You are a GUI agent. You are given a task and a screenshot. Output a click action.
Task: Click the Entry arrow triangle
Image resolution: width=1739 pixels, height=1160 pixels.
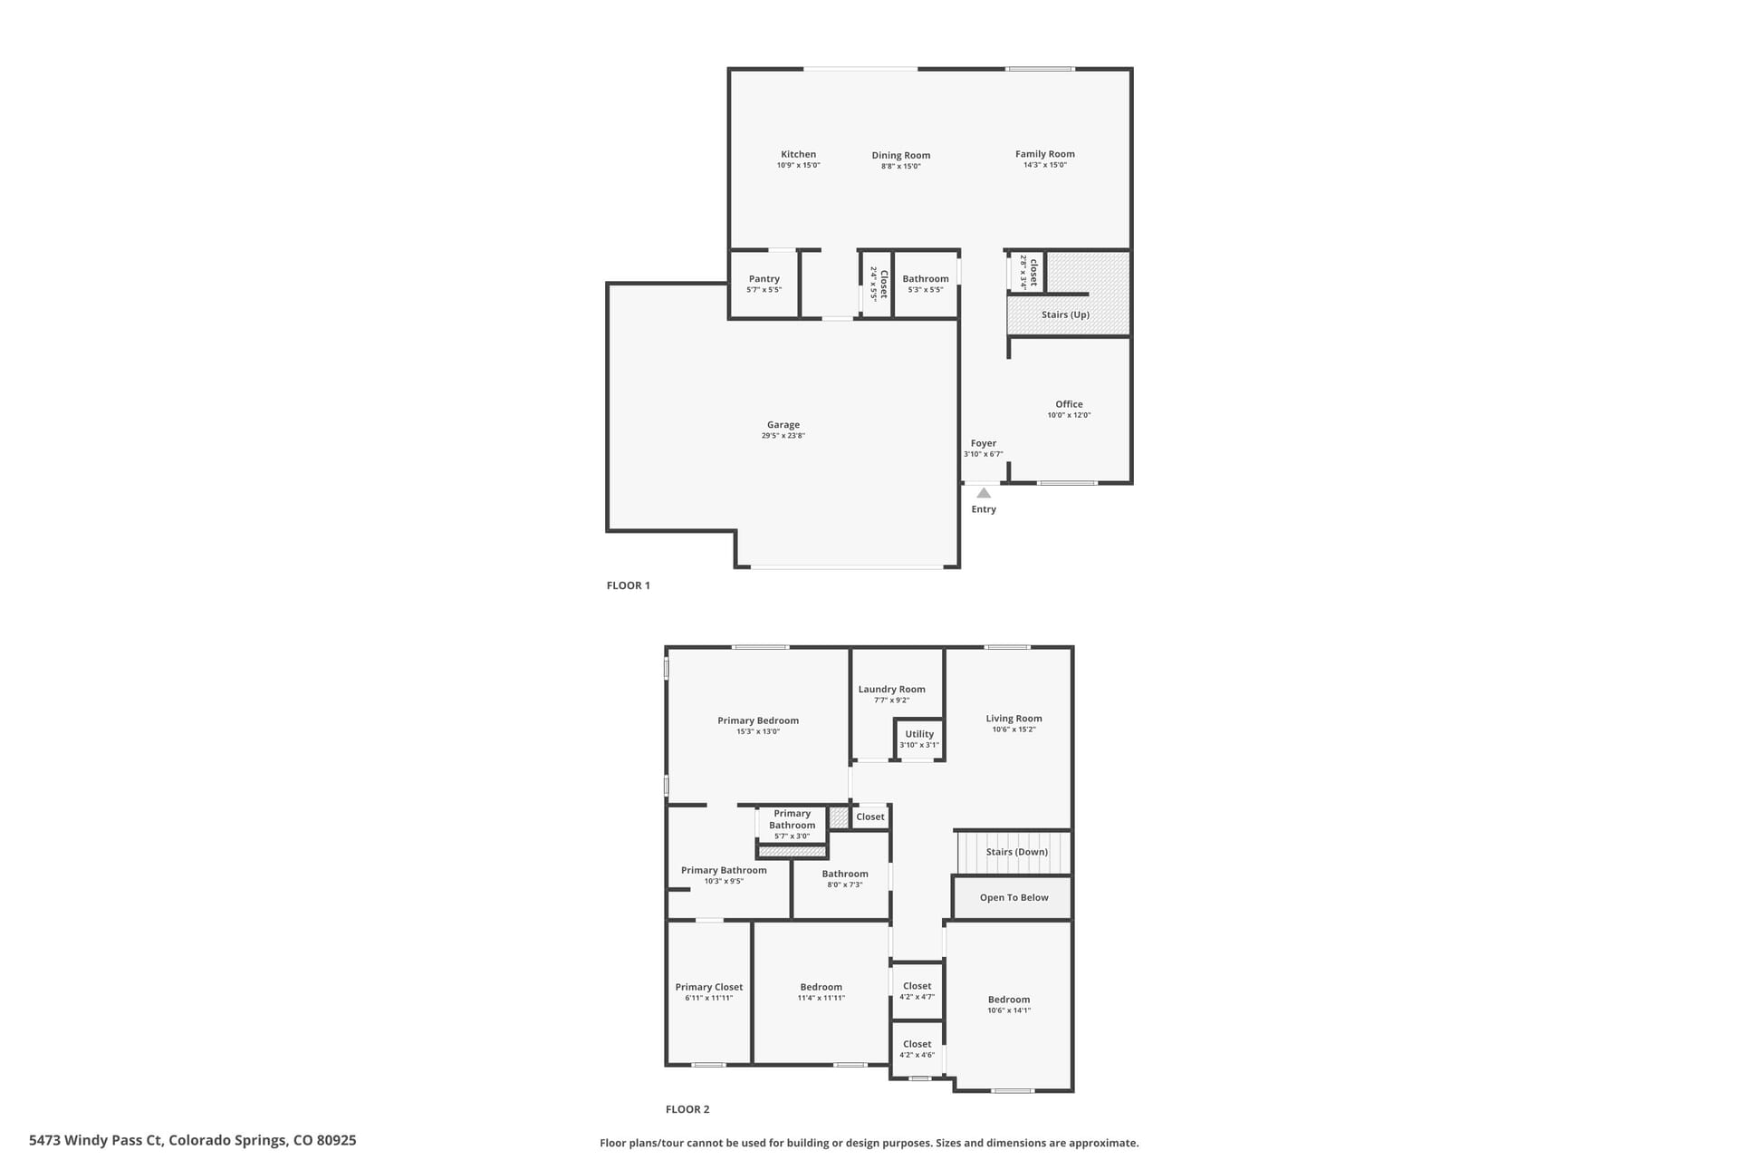[984, 493]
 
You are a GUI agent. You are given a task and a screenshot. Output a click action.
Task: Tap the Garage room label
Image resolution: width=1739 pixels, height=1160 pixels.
[783, 424]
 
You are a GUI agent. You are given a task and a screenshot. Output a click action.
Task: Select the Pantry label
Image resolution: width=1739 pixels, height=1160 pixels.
[764, 279]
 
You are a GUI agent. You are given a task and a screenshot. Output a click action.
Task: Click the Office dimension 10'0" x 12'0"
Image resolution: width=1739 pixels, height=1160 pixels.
[1069, 415]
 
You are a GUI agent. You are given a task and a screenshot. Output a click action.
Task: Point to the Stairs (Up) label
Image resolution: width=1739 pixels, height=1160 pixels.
[1065, 314]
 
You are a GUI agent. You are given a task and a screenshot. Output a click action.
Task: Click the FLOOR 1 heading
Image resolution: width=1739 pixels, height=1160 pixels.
[629, 585]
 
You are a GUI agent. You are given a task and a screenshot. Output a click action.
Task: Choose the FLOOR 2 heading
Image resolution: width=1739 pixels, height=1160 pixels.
[687, 1109]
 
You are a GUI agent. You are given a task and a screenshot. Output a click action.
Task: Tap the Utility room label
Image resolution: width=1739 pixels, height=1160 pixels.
[919, 734]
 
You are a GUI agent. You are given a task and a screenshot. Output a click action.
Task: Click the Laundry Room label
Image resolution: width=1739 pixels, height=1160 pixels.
[892, 689]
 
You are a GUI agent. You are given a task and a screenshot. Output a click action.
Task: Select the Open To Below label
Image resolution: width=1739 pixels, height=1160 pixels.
[1014, 897]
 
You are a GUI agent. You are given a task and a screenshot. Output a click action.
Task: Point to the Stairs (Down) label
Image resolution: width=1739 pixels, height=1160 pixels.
[1017, 852]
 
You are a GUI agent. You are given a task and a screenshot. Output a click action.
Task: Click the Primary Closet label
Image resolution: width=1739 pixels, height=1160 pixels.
[709, 987]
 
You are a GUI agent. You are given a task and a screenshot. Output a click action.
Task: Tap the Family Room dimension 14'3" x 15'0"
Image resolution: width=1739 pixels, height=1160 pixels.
[1045, 165]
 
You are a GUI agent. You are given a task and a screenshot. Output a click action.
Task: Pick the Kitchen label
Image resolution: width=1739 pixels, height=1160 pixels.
[799, 154]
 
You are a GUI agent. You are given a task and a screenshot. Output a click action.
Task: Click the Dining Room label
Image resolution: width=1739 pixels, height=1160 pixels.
[901, 155]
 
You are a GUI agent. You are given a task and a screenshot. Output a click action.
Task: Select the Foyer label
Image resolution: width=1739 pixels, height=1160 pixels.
[984, 443]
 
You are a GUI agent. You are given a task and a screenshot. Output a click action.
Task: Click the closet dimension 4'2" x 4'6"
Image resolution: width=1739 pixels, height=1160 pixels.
[918, 1055]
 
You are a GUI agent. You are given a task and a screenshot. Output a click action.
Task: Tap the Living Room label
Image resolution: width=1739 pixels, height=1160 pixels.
[1014, 719]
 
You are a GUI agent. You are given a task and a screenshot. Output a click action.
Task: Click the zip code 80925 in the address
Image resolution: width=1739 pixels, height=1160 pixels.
[336, 1140]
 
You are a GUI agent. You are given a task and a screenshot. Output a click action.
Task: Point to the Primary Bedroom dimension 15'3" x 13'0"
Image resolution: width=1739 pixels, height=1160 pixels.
[758, 731]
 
